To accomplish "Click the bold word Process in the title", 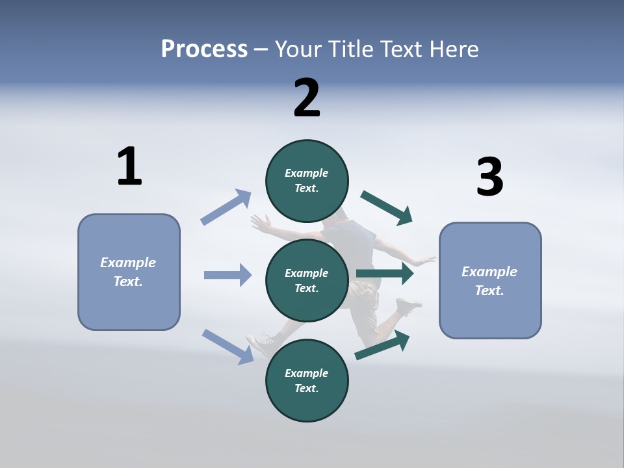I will point(204,49).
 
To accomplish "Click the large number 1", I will point(129,166).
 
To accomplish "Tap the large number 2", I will point(307,97).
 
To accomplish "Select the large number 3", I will point(489,177).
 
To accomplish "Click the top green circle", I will point(307,181).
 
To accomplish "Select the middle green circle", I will point(307,281).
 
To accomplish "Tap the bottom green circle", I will point(307,381).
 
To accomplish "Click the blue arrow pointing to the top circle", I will point(226,207).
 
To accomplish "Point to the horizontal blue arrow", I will point(227,275).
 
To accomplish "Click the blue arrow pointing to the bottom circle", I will point(227,346).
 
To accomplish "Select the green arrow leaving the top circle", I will point(387,208).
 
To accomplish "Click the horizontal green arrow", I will point(385,274).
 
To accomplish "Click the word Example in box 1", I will point(128,263).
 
